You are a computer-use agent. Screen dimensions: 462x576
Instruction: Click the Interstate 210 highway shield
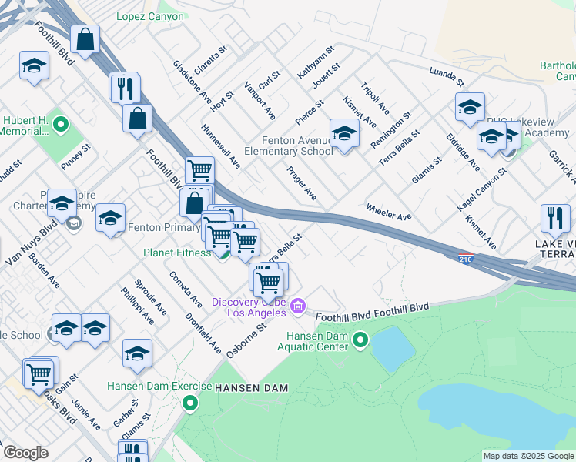(465, 259)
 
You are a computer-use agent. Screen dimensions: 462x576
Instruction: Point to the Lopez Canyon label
(150, 16)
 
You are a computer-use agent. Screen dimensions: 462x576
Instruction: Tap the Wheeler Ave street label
(388, 212)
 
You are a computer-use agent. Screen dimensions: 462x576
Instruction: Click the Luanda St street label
(447, 75)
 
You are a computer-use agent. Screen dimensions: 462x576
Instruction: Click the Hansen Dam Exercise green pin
(189, 403)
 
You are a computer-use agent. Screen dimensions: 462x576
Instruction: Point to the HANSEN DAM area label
(251, 388)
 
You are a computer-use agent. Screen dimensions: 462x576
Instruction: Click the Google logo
(25, 453)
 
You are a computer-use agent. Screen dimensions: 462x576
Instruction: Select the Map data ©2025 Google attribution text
(528, 456)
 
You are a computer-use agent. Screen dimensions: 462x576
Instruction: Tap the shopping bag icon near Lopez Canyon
(85, 38)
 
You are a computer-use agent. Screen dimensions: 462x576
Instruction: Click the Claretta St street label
(212, 59)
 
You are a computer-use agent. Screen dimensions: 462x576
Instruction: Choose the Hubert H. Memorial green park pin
(62, 124)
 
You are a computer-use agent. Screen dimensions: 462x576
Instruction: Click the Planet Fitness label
(176, 253)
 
